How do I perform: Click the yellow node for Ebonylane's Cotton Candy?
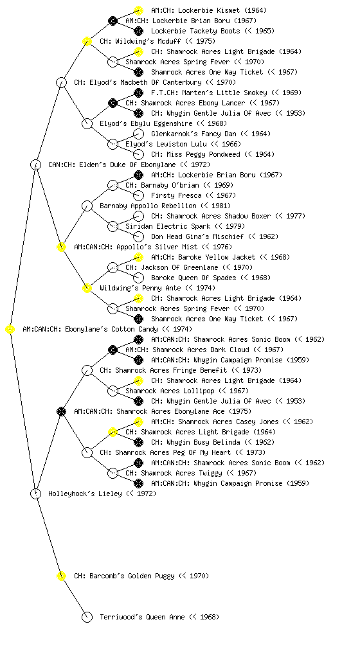pyautogui.click(x=10, y=330)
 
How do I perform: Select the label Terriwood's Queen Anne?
pyautogui.click(x=142, y=617)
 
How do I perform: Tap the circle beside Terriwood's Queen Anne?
pyautogui.click(x=87, y=617)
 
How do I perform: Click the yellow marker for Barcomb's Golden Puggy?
pyautogui.click(x=61, y=576)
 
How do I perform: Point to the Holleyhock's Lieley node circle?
pyautogui.click(x=36, y=493)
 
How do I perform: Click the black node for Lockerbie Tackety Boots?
pyautogui.click(x=138, y=31)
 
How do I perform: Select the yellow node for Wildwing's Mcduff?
pyautogui.click(x=87, y=41)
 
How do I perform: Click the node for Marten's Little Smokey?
pyautogui.click(x=138, y=93)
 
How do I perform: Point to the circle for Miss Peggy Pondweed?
pyautogui.click(x=138, y=154)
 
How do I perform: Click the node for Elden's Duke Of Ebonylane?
pyautogui.click(x=36, y=164)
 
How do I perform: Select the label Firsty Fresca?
pyautogui.click(x=176, y=195)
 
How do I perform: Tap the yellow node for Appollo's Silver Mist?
pyautogui.click(x=61, y=247)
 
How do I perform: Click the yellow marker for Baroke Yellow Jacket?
pyautogui.click(x=138, y=257)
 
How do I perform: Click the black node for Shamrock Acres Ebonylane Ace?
pyautogui.click(x=61, y=411)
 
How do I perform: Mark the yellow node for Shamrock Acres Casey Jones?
pyautogui.click(x=138, y=422)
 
